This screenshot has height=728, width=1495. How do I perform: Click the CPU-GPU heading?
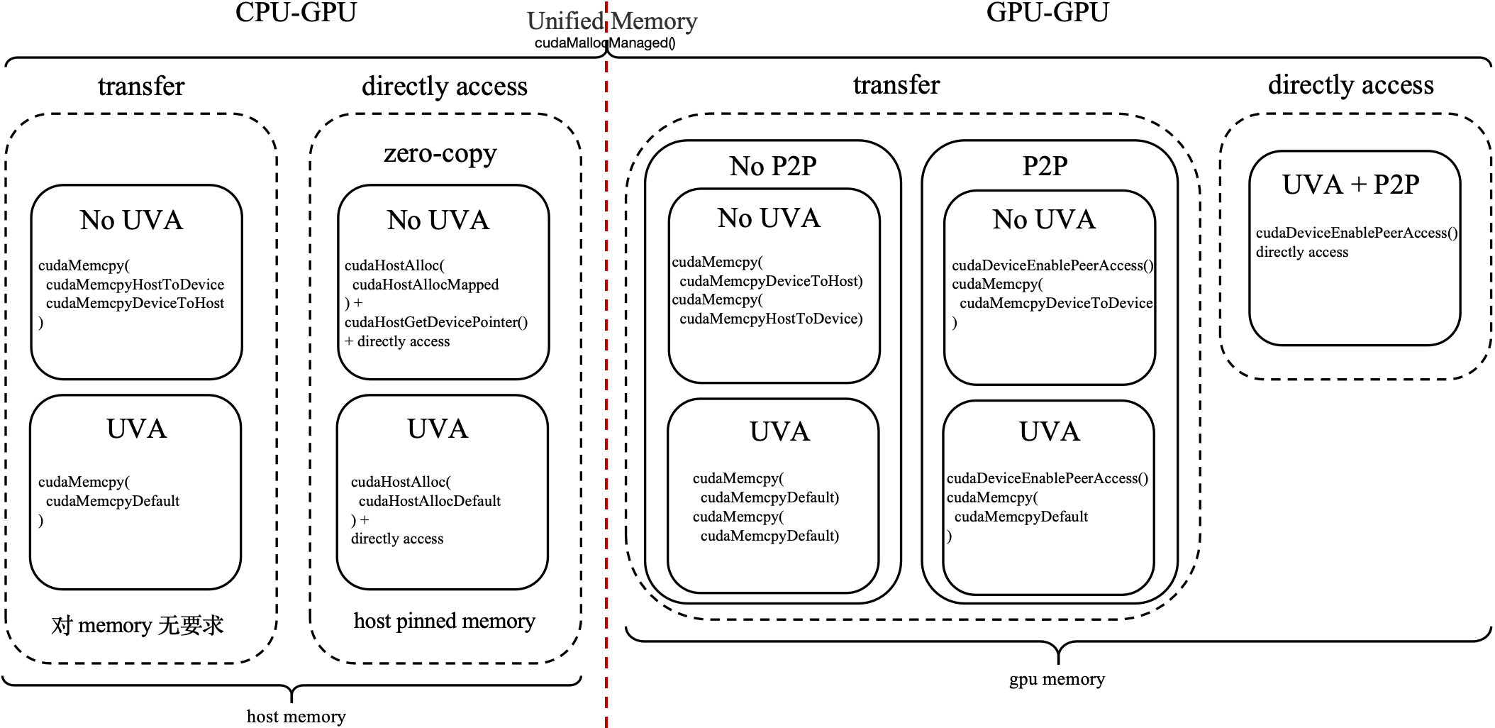coord(296,12)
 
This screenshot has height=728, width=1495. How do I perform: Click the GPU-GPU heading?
coord(1047,12)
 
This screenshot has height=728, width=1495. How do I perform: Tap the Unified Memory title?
coord(612,21)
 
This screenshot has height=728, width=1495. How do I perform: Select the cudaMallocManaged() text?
coord(605,43)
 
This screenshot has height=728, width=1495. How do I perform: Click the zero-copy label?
coord(440,153)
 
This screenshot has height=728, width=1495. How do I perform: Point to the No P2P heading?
coord(773,166)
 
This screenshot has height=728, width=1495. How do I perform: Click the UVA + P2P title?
coord(1351,184)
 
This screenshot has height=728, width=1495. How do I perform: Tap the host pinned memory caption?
coord(445,622)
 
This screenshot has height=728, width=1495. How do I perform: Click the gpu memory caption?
coord(1057,679)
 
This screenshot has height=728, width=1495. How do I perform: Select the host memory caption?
coord(296,717)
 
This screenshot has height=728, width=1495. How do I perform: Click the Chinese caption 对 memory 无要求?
coord(138,625)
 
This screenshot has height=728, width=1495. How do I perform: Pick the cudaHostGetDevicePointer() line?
coord(436,322)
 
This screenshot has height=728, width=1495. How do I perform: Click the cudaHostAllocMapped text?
coord(426,285)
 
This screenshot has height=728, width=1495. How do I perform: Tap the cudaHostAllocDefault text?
coord(430,501)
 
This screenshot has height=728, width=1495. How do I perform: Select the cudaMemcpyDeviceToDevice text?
coord(1056,303)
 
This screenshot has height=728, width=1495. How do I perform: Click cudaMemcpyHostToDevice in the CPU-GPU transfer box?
coord(135,285)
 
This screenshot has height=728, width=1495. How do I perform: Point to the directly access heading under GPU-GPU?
coord(1351,85)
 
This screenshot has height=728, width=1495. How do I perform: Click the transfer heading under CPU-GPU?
coord(141,87)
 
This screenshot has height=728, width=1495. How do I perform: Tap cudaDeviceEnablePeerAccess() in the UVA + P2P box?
coord(1357,233)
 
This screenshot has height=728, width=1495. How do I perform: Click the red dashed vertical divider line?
coord(606,364)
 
